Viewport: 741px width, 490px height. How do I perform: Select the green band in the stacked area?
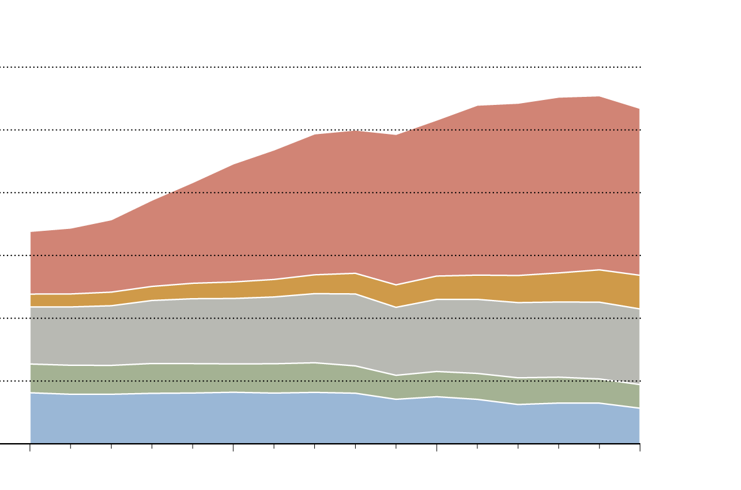[247, 378]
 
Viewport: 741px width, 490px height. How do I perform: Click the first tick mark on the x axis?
[30, 447]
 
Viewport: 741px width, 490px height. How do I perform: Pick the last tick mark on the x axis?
[640, 447]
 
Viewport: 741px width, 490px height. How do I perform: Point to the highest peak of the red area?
[599, 97]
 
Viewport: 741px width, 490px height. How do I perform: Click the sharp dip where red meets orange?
[396, 285]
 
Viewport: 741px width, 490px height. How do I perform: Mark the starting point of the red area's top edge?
[31, 232]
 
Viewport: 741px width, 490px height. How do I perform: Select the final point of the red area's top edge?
[639, 109]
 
